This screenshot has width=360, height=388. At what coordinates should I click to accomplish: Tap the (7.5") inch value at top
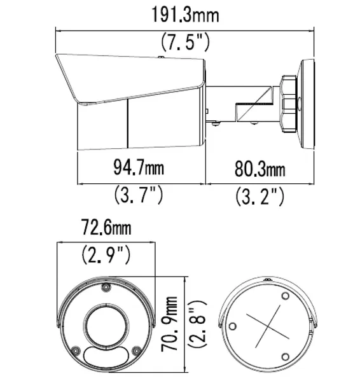click(x=185, y=43)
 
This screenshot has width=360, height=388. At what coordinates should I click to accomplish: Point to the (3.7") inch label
click(x=139, y=194)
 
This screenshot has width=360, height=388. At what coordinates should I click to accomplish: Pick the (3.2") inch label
click(x=260, y=195)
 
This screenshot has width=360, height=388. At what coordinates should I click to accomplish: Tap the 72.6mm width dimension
click(x=106, y=227)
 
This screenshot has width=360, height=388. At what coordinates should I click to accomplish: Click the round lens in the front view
click(x=106, y=324)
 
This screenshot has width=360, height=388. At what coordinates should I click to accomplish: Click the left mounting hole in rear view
click(x=232, y=326)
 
